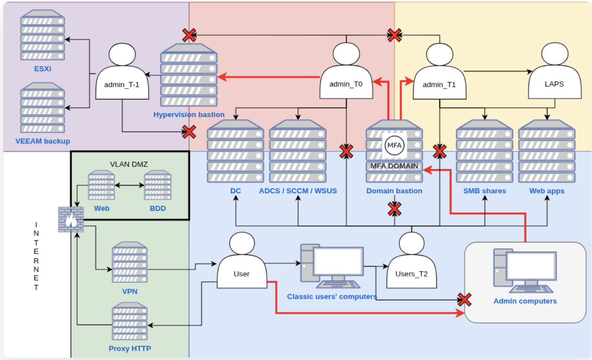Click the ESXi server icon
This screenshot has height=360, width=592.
coord(43,35)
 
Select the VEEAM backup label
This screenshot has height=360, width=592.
coord(43,141)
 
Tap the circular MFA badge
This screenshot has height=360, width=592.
coord(394,145)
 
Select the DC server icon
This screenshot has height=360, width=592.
coord(235,152)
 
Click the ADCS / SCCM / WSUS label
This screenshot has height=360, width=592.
coord(298,191)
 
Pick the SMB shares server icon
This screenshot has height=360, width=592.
coord(484,152)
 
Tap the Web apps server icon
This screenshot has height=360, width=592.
coord(547,152)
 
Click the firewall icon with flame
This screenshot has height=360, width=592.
coord(71,219)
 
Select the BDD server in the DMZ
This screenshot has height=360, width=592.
coord(158,185)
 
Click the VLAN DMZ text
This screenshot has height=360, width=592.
coord(129,164)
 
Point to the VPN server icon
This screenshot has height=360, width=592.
coord(130,262)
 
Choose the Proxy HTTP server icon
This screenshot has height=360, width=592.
coord(130,321)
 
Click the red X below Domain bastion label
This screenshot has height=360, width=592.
coord(395,209)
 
